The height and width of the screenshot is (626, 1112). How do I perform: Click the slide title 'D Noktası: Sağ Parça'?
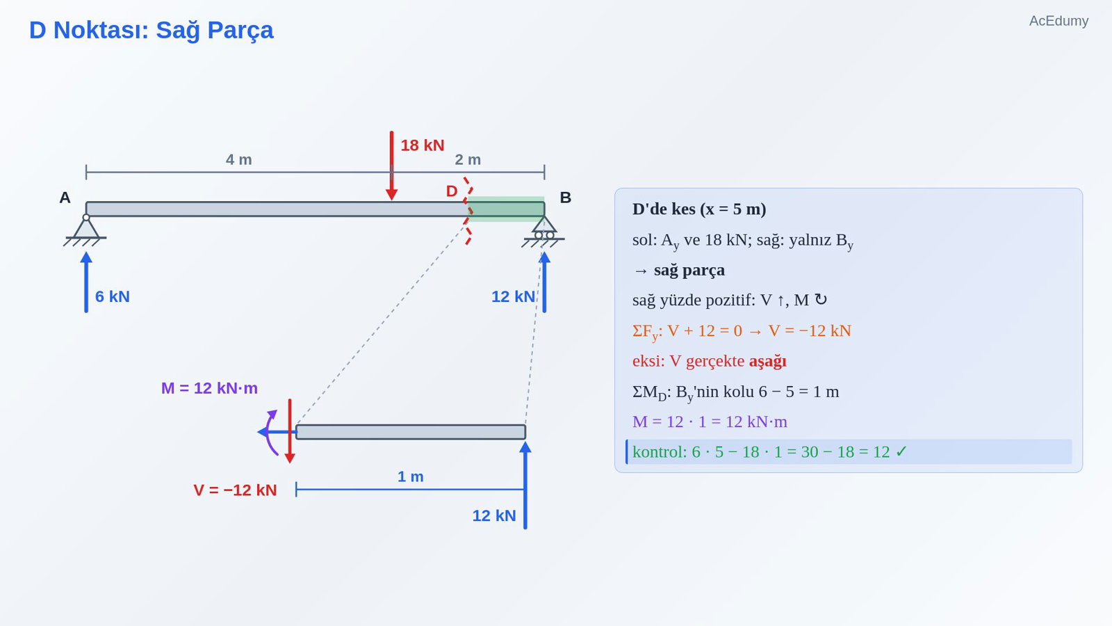point(151,31)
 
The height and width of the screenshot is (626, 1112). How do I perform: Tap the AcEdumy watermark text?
point(1058,21)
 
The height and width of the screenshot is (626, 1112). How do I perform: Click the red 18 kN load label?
point(423,145)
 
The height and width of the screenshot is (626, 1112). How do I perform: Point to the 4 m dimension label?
point(239,159)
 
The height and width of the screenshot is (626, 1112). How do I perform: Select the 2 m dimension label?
point(468,159)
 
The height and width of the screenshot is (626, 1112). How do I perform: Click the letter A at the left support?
point(65,198)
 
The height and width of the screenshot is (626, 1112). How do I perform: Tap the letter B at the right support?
point(566,198)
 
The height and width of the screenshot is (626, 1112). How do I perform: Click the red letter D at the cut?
point(451,191)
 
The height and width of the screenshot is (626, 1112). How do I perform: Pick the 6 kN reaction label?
point(112,296)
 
